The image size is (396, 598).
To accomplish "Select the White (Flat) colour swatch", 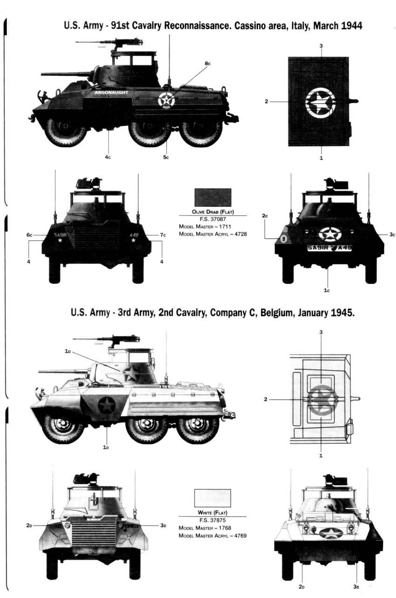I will [x=212, y=498].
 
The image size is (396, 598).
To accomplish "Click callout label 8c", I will [x=207, y=63].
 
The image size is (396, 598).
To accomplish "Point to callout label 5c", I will [x=166, y=157].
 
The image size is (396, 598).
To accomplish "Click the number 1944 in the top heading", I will [x=352, y=26].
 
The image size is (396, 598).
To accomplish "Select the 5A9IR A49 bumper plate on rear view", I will [x=329, y=248].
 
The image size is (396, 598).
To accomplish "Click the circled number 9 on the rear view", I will [x=284, y=239].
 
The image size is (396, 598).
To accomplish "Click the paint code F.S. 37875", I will [x=212, y=520].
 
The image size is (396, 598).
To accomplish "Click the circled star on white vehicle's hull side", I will [x=107, y=405].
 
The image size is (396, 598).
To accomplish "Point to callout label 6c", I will [x=29, y=235].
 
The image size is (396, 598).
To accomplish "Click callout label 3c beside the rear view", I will [x=392, y=234].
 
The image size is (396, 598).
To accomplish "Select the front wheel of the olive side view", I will [x=65, y=132].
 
